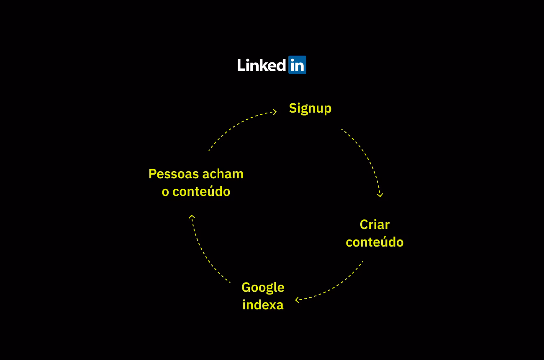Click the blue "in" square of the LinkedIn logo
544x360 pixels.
click(x=297, y=65)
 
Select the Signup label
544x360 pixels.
click(x=310, y=108)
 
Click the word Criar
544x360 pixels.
click(x=375, y=224)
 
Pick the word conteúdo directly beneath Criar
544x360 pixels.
click(x=375, y=242)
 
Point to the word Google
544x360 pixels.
click(x=263, y=288)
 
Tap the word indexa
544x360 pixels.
click(x=263, y=305)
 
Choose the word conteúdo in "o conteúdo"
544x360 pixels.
click(x=201, y=192)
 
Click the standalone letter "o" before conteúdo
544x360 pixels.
click(x=165, y=192)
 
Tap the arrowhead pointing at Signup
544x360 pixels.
click(x=275, y=111)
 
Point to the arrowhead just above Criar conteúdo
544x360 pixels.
click(x=380, y=194)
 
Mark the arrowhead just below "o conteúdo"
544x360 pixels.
click(x=192, y=217)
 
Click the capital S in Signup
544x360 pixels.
click(x=293, y=108)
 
